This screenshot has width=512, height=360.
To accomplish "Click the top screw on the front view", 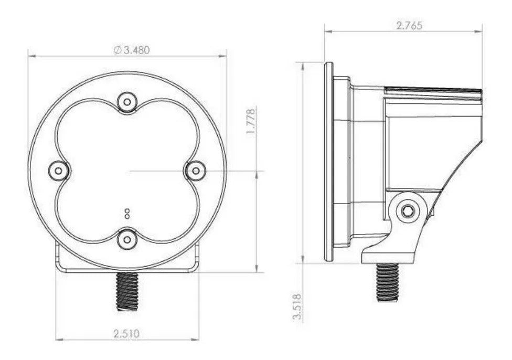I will pos(126,102).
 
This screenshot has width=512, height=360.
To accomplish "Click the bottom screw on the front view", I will pos(126,239).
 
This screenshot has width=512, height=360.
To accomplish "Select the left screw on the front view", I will pos(58,170).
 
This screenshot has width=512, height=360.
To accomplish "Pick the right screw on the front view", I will pos(195,170).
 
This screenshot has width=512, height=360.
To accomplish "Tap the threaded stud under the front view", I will pos(126,292).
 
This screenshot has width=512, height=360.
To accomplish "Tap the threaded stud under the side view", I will pos(387,281).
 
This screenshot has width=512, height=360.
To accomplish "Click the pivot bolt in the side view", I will pos(407,211).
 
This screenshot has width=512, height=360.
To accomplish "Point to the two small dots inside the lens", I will pos(126,213).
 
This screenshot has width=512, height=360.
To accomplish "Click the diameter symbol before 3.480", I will pos(117,50).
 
